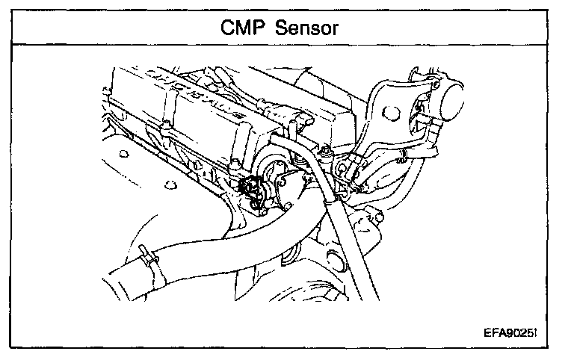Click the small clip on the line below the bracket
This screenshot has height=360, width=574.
(401, 155)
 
